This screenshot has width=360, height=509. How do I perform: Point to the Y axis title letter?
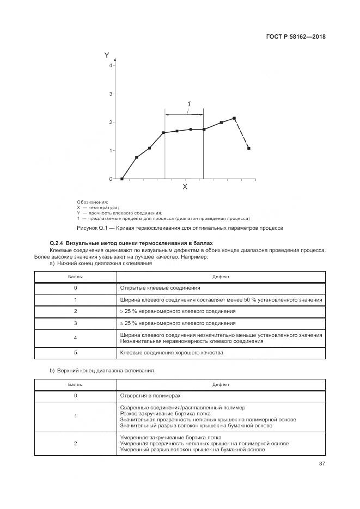click(107, 55)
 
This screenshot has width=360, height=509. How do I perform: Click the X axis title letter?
click(185, 187)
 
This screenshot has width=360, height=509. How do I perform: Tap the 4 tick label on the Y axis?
click(110, 65)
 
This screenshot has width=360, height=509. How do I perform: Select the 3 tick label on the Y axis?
click(110, 94)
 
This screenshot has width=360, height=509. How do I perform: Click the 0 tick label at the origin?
click(110, 179)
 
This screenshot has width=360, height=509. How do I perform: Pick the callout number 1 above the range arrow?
click(188, 104)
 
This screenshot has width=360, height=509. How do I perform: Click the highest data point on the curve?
click(234, 118)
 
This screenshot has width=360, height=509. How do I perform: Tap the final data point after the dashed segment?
click(249, 148)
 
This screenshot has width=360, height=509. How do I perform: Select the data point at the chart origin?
click(122, 179)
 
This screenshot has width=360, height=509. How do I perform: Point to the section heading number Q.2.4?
click(57, 243)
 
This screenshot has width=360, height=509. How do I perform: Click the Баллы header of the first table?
click(76, 277)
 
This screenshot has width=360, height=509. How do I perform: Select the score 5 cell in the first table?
click(76, 353)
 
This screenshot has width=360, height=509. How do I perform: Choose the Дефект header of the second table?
click(221, 384)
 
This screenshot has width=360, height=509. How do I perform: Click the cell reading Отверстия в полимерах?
click(150, 396)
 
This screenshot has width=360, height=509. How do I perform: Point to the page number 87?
click(322, 464)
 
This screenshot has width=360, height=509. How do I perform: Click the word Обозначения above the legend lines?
click(93, 202)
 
